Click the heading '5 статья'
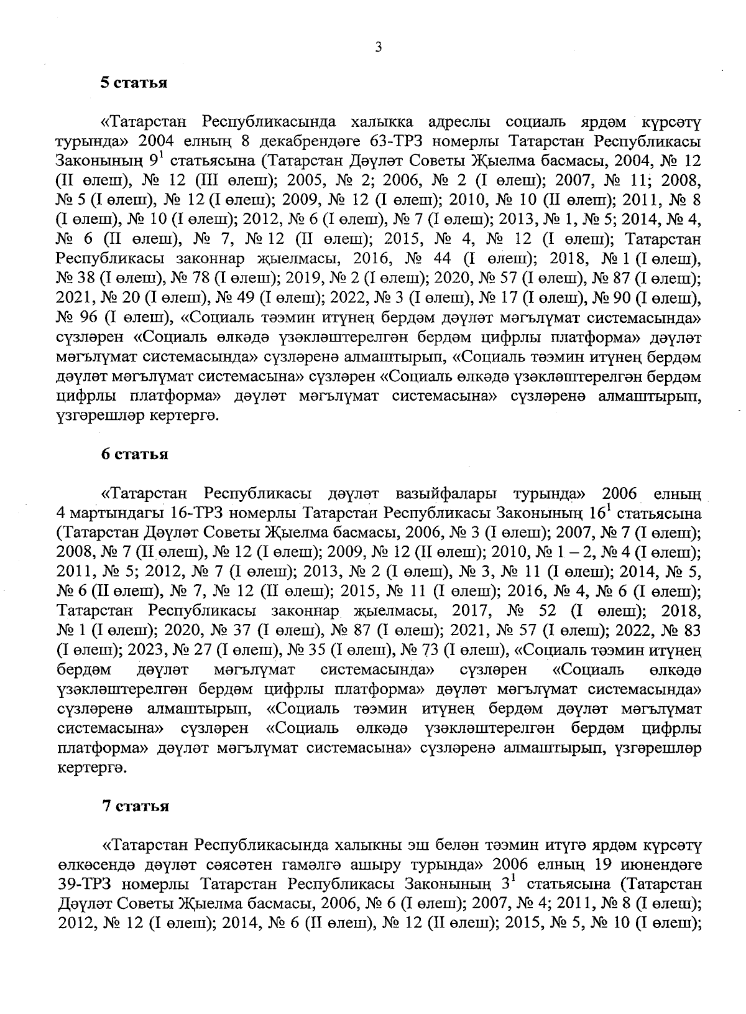(x=135, y=83)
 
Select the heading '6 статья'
(x=135, y=454)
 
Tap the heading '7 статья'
(x=136, y=806)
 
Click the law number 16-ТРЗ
(x=199, y=514)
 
